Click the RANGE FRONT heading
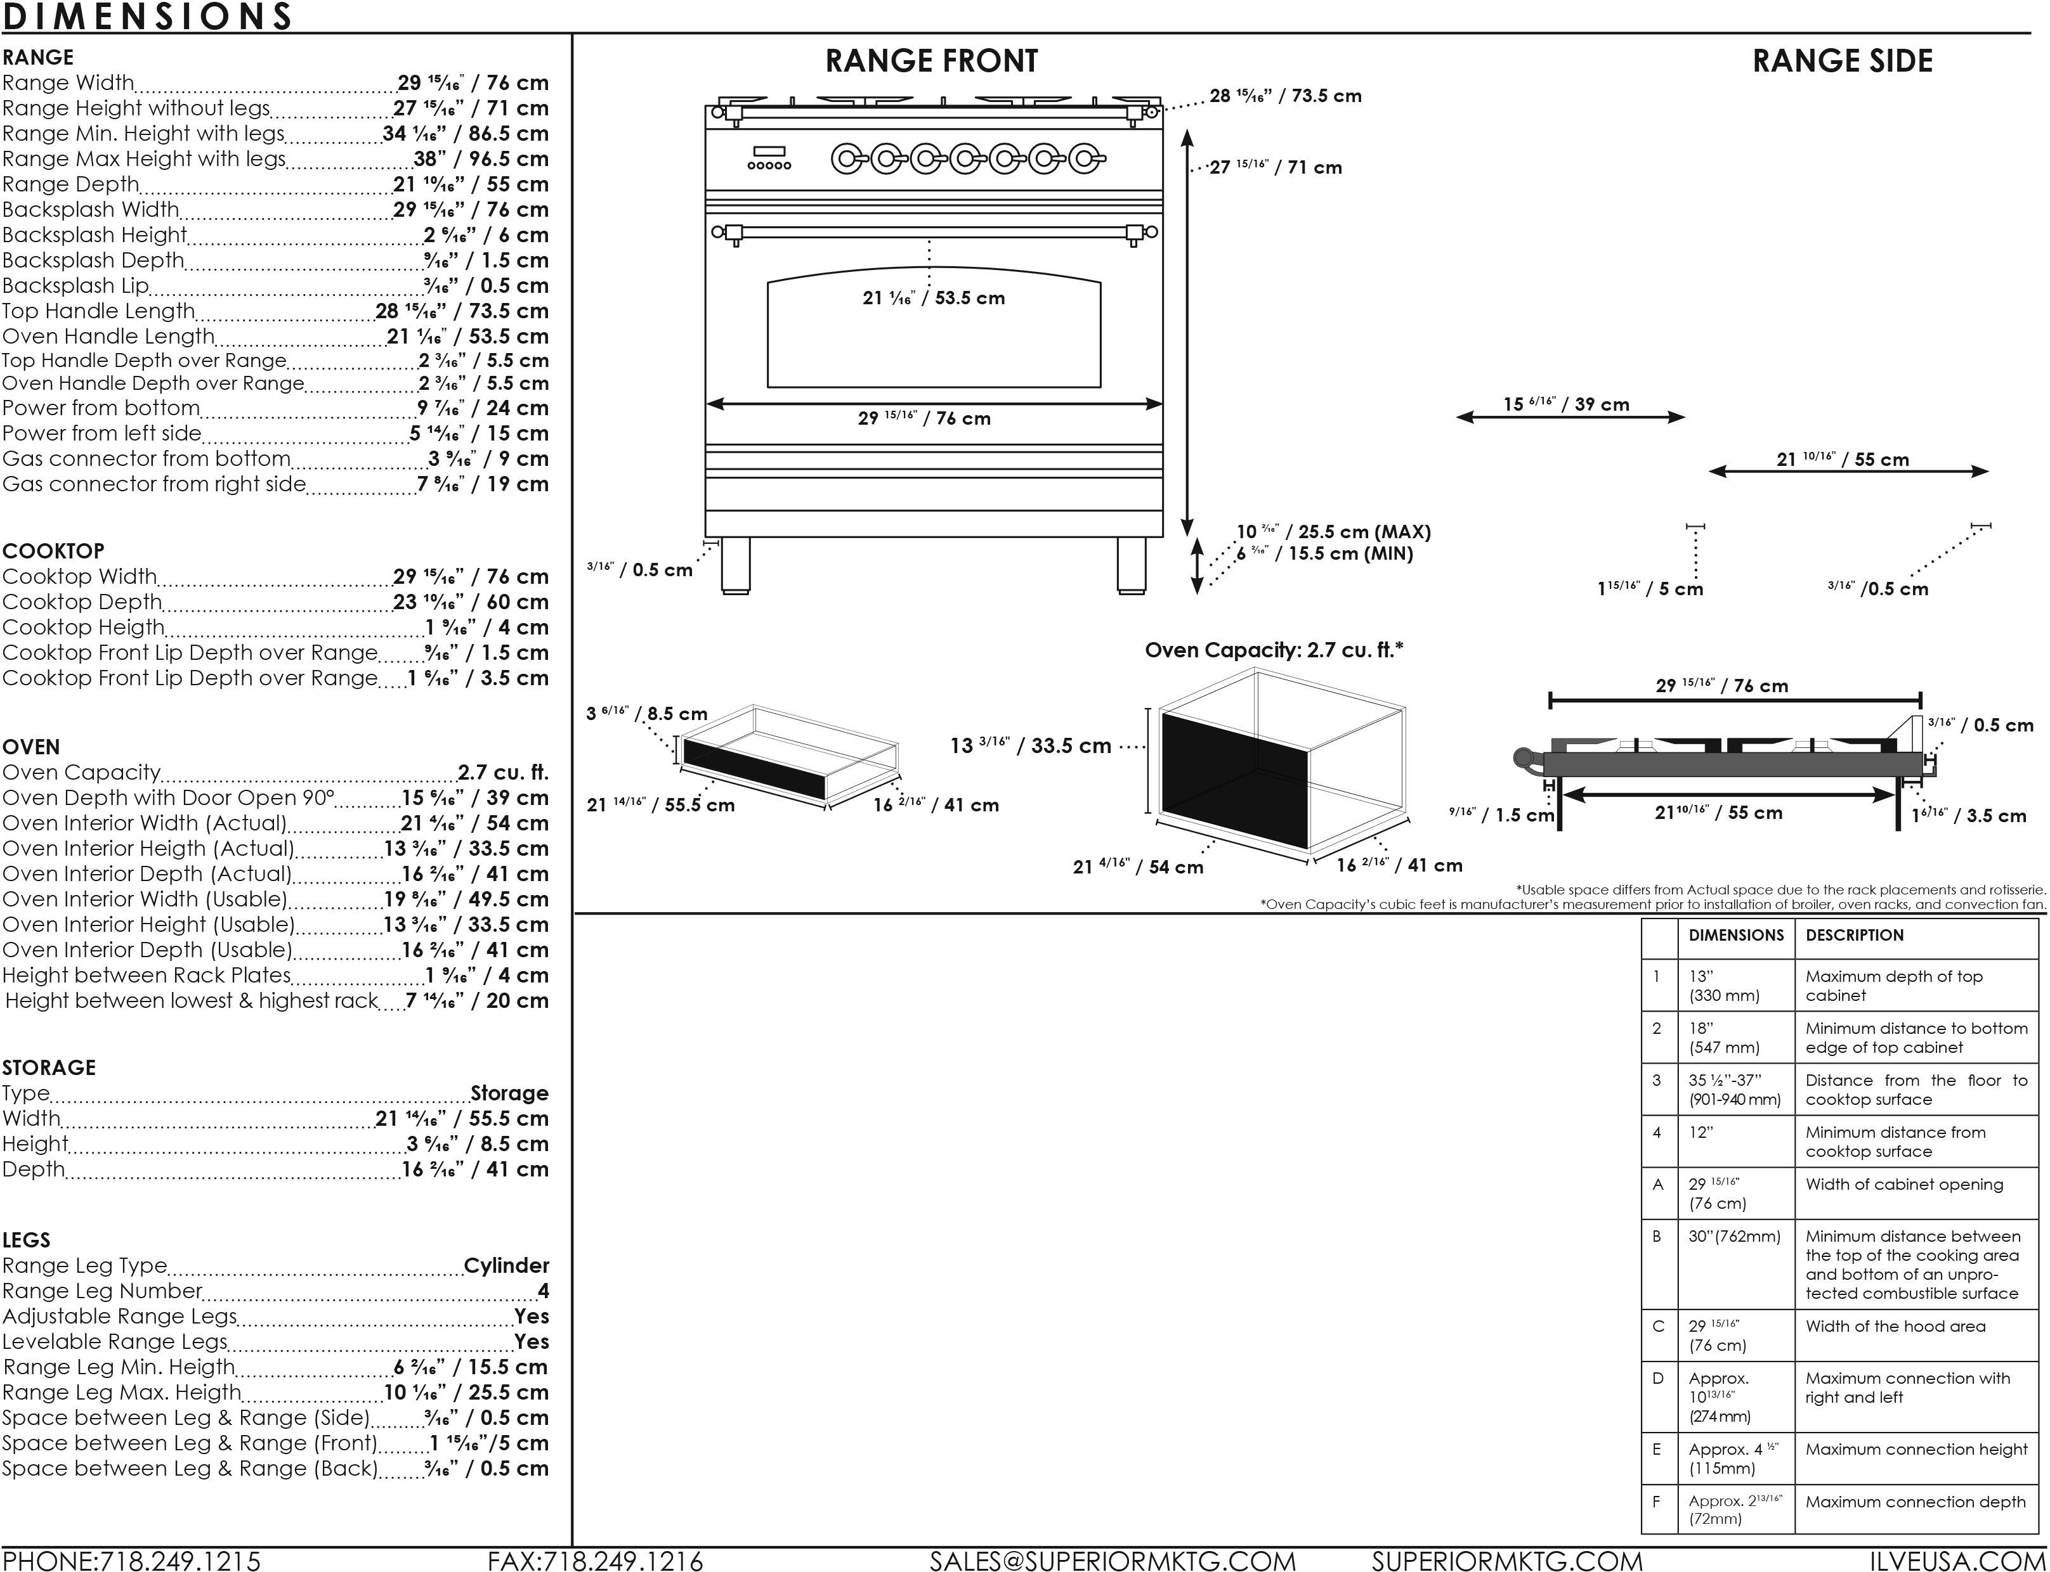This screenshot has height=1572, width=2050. click(930, 61)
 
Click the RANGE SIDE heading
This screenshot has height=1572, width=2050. click(1841, 61)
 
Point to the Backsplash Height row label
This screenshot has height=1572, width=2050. click(95, 235)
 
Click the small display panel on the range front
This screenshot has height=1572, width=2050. click(769, 151)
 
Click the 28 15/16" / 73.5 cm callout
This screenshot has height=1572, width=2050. click(1285, 96)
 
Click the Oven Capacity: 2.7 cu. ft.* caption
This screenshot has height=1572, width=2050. click(1274, 649)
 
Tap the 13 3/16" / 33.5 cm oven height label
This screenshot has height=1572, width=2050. click(1031, 746)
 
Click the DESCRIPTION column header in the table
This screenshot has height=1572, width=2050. click(1855, 935)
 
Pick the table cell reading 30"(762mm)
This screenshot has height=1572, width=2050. click(1733, 1236)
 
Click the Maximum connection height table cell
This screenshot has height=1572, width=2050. click(1916, 1448)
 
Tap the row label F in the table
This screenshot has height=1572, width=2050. click(1657, 1502)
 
